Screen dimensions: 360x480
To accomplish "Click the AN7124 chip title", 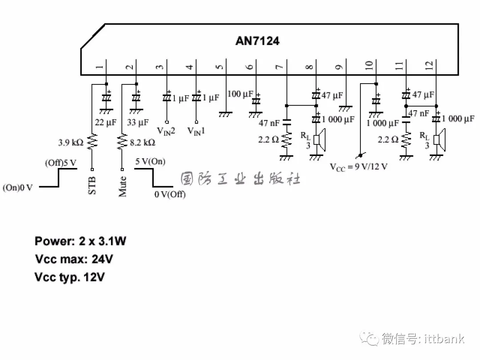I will click(257, 41).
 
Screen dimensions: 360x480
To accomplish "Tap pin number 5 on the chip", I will click(220, 67).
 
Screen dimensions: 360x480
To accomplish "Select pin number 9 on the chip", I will click(340, 67).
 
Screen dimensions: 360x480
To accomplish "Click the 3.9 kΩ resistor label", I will click(71, 143).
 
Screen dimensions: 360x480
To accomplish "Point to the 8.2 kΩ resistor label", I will click(143, 143).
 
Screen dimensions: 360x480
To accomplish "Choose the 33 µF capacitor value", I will click(137, 122).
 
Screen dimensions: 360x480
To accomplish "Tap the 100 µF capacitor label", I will click(240, 94).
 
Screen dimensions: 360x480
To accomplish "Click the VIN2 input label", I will click(165, 131).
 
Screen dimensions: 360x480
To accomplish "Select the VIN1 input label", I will click(196, 131).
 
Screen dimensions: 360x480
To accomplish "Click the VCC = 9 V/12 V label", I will click(358, 167).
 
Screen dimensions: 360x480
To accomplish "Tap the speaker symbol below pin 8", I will click(319, 139).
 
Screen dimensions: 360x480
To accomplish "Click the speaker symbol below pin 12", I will click(439, 139).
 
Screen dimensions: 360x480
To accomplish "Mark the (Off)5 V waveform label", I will click(60, 163).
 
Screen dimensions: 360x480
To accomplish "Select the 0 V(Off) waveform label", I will click(170, 194).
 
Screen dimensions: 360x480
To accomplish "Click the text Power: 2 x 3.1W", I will click(80, 241).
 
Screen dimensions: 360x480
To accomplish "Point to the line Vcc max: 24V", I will click(74, 259).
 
